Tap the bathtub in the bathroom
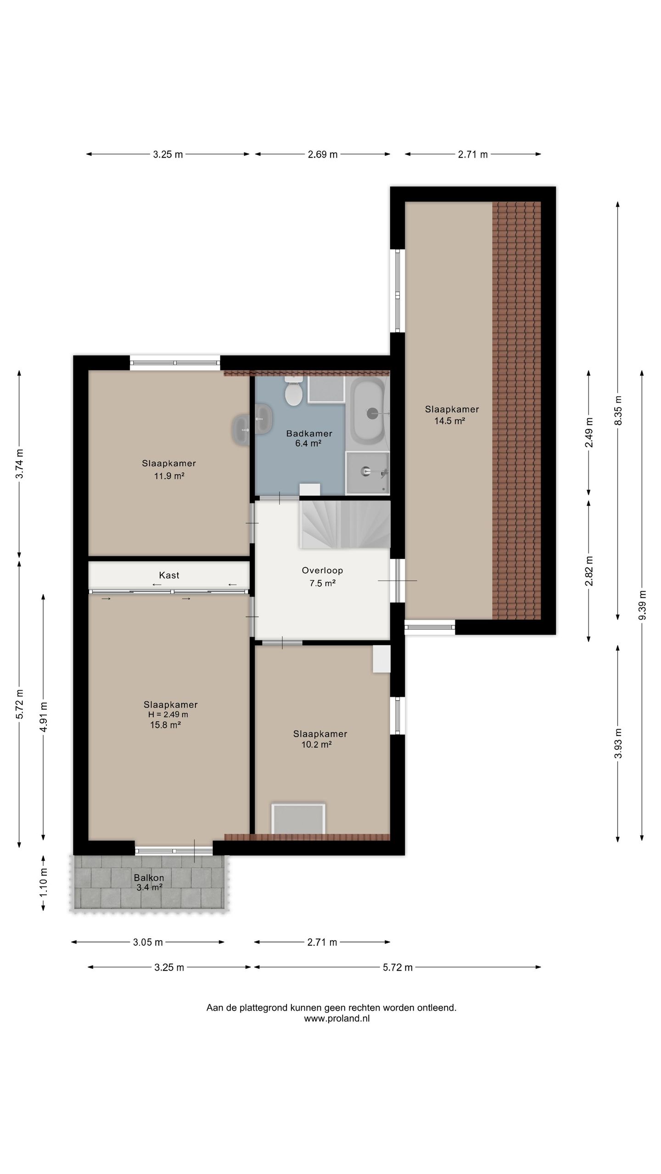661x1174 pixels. pos(367,411)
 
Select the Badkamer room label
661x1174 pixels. pos(309,433)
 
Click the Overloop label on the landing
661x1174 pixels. pos(322,570)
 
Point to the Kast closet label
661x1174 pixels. pos(169,575)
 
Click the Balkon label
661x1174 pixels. pos(149,878)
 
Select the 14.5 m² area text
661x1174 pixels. pos(450,421)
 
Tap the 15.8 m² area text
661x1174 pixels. pos(165,725)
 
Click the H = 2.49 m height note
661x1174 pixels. pos(168,714)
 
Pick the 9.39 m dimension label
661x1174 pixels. pos(642,605)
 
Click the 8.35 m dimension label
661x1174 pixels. pos(618,410)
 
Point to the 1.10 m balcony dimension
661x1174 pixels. pos(43,883)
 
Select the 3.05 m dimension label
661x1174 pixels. pos(148,942)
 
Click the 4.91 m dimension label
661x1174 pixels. pos(44,717)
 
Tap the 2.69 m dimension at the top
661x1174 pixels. pos(323,155)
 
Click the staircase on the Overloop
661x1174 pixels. pos(345,524)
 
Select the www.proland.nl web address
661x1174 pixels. pos(337,1019)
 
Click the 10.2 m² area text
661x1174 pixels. pos(317,744)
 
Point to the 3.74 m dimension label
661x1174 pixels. pos(20,464)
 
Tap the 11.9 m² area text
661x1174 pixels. pos(169,476)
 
